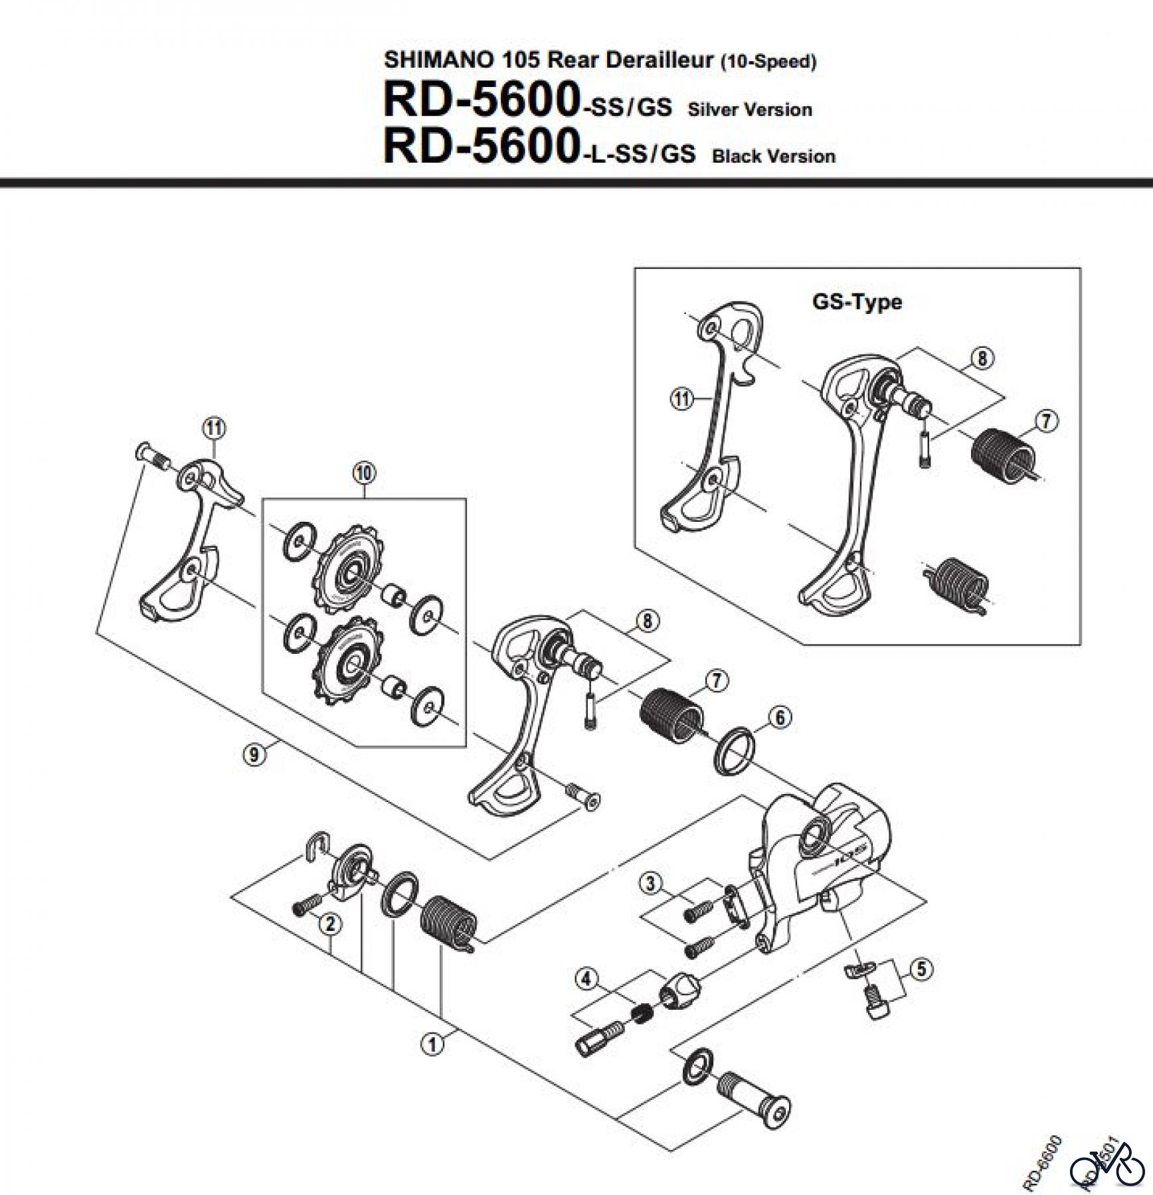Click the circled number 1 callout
pyautogui.click(x=432, y=1044)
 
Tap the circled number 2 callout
pyautogui.click(x=330, y=923)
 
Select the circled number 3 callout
pyautogui.click(x=650, y=883)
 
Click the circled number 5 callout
pyautogui.click(x=921, y=969)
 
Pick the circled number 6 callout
pyautogui.click(x=780, y=717)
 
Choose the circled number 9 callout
pyautogui.click(x=254, y=754)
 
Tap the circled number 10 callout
pyautogui.click(x=364, y=473)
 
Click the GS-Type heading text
pyautogui.click(x=857, y=302)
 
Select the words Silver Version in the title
pyautogui.click(x=750, y=110)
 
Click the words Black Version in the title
pyautogui.click(x=773, y=157)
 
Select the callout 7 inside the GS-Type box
pyautogui.click(x=1047, y=421)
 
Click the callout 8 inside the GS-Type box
pyautogui.click(x=982, y=358)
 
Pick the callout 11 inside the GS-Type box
pyautogui.click(x=681, y=400)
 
